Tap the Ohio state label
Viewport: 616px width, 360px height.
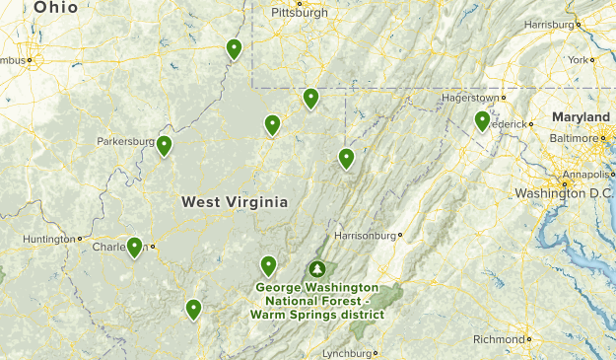[56, 8]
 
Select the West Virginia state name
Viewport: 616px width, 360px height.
[235, 202]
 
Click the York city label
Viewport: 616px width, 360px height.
[578, 59]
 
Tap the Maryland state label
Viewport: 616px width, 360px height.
[581, 117]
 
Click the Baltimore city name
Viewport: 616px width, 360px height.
[573, 139]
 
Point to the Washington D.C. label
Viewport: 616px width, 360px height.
[564, 193]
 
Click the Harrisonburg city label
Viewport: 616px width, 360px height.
[365, 236]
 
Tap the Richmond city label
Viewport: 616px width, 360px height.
[499, 339]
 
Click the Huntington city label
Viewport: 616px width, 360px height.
[49, 239]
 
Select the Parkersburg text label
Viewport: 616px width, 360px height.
[125, 141]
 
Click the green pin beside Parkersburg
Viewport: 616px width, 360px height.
[164, 146]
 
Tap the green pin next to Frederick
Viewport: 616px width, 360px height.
[482, 120]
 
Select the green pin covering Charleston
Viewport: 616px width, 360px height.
[134, 247]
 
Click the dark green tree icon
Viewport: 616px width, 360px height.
[317, 268]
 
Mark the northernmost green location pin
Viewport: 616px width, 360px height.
[234, 48]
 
